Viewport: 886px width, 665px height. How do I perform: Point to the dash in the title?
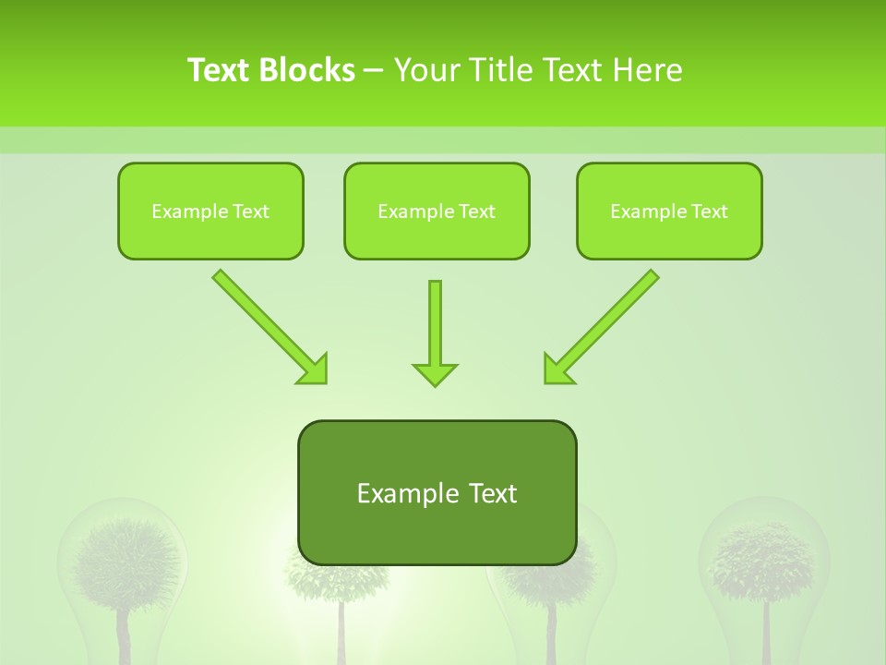[x=374, y=71]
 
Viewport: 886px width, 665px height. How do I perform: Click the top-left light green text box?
[x=210, y=211]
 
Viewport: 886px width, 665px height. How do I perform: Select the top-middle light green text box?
[x=437, y=211]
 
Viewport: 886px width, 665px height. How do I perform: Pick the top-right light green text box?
[x=669, y=211]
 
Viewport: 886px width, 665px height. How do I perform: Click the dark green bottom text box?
[x=437, y=492]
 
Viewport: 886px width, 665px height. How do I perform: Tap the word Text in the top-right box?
[x=710, y=212]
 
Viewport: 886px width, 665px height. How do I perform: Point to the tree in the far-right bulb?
[x=763, y=563]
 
